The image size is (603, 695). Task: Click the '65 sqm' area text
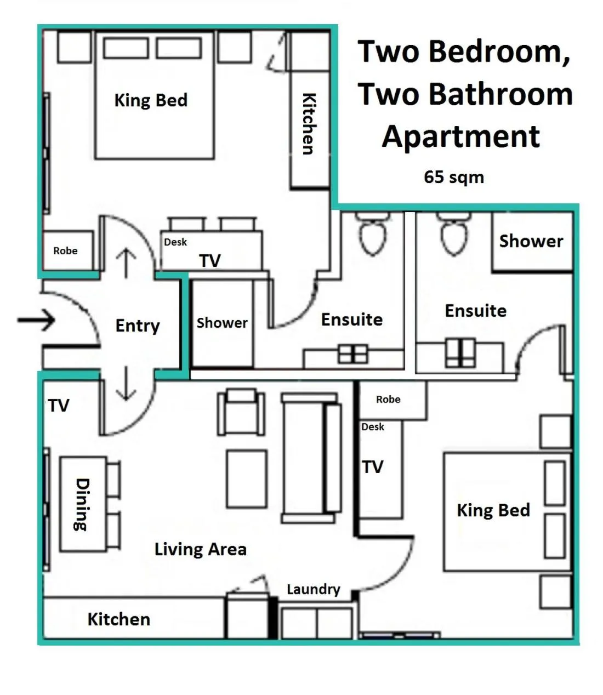453,177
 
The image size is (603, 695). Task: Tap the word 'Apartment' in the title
461,136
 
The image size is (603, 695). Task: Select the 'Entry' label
137,326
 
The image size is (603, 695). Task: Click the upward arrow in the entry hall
126,263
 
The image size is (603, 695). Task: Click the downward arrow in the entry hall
126,384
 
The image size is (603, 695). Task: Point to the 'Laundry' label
313,589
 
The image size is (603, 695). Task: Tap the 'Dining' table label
82,504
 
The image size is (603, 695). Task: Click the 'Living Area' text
200,549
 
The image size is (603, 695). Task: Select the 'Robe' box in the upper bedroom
66,251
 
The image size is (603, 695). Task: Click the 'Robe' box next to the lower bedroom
388,400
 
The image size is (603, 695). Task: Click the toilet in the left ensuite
373,236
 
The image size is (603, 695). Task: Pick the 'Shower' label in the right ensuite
531,241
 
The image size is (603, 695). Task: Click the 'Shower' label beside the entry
222,323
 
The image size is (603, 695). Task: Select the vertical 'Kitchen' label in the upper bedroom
309,123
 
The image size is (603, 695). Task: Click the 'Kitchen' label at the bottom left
118,619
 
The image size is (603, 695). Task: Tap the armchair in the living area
241,412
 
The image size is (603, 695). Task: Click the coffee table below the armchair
247,478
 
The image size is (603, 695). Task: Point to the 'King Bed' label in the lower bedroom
493,510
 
